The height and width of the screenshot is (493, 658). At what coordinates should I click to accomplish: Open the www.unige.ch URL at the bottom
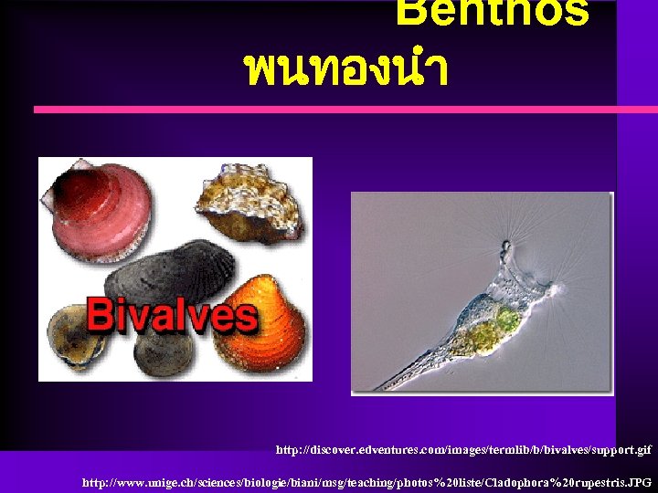coord(366,481)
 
